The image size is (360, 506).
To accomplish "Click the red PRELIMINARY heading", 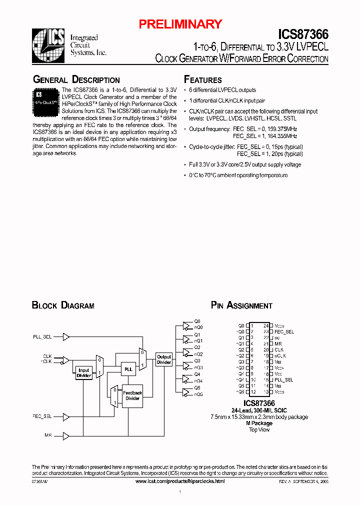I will [x=180, y=24].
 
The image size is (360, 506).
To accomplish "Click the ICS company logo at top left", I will [x=48, y=43].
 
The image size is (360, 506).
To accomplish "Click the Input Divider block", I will [x=83, y=373].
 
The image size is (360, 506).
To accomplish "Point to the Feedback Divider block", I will [x=132, y=395].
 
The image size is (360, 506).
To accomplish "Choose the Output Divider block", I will [x=164, y=359].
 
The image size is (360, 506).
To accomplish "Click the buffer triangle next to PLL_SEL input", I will [x=66, y=337].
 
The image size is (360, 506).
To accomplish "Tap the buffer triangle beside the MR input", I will [x=66, y=436].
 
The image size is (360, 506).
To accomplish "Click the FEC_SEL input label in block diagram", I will [x=42, y=416].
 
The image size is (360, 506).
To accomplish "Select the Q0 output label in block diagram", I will [x=197, y=321].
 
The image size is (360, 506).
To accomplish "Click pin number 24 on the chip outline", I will [x=266, y=325].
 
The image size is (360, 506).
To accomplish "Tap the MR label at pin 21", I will [x=278, y=343].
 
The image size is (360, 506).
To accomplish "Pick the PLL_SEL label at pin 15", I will [x=283, y=380].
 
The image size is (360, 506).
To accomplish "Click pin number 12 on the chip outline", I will [x=253, y=392].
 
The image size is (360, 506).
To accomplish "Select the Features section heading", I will [x=202, y=80].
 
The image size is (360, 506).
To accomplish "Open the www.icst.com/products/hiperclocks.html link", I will [x=180, y=480].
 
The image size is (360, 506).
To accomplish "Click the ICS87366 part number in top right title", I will [x=303, y=34].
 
